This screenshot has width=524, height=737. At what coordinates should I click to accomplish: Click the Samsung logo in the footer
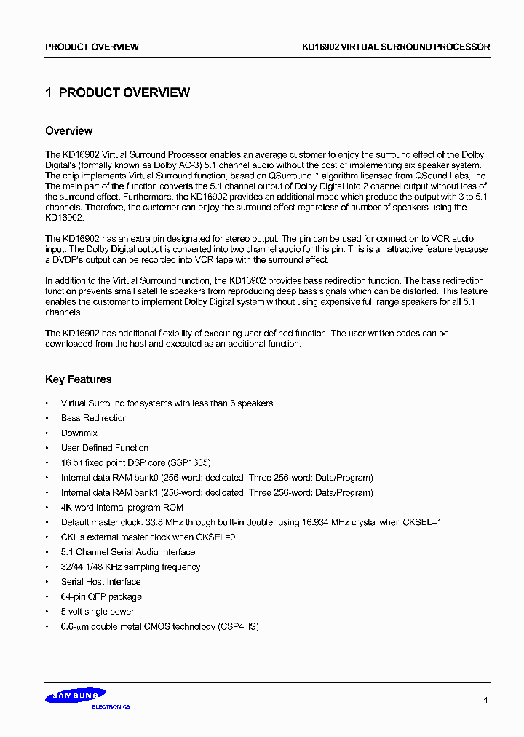75,697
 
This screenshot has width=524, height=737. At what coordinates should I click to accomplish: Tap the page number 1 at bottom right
486,701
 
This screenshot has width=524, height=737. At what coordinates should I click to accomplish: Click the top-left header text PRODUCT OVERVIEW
92,47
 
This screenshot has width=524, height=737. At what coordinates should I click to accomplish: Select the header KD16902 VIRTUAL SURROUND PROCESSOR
396,47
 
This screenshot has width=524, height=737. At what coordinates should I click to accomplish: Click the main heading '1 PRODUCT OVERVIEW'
117,92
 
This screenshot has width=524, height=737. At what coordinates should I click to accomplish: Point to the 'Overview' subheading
68,131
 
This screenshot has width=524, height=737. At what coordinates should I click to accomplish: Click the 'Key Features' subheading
78,379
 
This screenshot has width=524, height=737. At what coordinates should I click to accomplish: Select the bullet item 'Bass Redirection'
94,418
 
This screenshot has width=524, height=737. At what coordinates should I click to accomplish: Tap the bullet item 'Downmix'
79,433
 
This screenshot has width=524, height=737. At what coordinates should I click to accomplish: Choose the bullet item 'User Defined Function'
105,448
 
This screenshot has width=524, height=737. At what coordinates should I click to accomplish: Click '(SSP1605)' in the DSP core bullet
189,463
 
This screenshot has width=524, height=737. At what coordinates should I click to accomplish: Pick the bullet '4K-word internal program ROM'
122,508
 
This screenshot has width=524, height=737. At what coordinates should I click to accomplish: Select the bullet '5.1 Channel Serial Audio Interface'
128,552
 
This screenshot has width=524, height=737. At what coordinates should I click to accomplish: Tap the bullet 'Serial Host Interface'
100,582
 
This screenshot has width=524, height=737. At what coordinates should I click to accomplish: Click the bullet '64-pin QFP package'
101,597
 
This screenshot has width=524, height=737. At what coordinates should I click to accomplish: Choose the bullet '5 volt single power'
98,612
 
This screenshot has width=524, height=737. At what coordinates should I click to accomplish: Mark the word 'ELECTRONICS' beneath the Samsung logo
111,707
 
